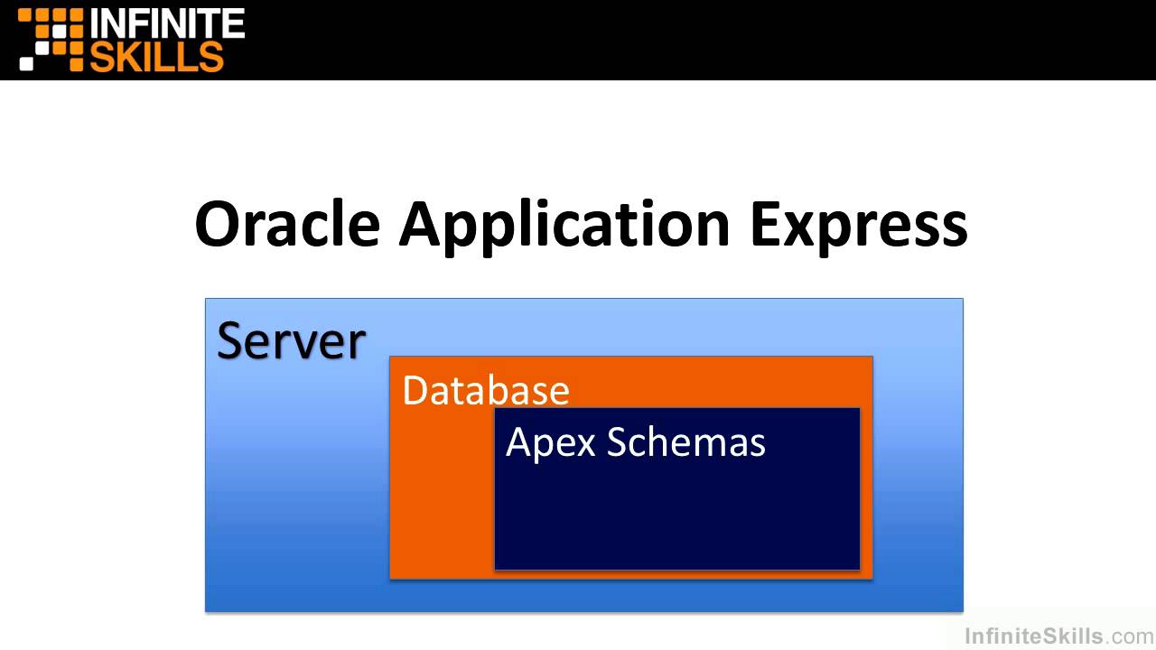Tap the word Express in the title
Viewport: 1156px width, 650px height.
(x=858, y=225)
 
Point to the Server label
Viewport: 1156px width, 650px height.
(x=291, y=341)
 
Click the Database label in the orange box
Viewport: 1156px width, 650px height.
(x=485, y=391)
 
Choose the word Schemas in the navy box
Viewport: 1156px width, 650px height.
(x=685, y=442)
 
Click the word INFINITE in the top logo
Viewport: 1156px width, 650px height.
(x=167, y=23)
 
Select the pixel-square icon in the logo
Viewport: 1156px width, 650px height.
(x=51, y=39)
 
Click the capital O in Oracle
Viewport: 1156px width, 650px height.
(x=222, y=225)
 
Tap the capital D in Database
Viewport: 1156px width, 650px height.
(x=414, y=391)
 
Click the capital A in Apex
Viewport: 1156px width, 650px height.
(x=518, y=442)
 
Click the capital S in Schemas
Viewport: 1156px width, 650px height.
(x=617, y=442)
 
